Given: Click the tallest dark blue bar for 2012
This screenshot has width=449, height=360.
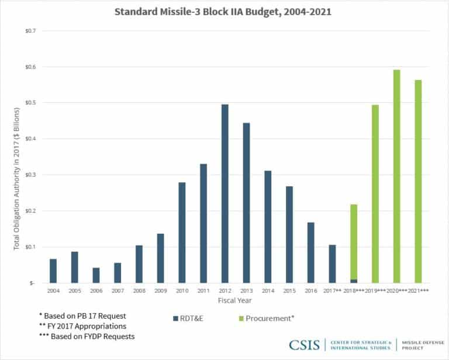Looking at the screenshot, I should click(x=225, y=193).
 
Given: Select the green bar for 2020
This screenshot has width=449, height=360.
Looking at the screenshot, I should click(x=397, y=175).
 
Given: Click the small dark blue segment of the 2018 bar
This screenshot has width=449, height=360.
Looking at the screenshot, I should click(x=354, y=281).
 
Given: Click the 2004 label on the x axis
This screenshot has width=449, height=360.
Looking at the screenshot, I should click(x=53, y=290).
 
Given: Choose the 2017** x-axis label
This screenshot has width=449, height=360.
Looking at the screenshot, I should click(x=333, y=290).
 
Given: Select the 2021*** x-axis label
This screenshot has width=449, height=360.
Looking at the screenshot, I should click(x=419, y=290).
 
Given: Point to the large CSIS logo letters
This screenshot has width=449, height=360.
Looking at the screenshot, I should click(x=304, y=344).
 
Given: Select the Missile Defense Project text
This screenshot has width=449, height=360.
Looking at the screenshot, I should click(x=419, y=344).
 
